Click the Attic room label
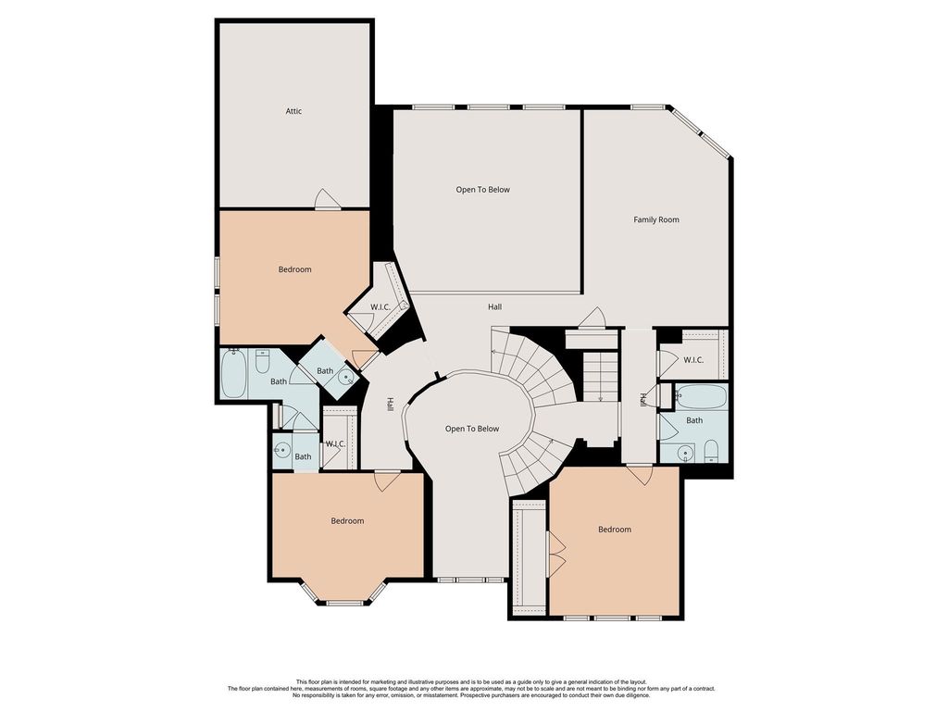(x=293, y=111)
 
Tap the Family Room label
(x=656, y=220)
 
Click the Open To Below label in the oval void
(x=472, y=430)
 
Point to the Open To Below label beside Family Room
(x=482, y=190)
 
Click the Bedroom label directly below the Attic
(x=294, y=269)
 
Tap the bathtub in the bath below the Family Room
(x=701, y=396)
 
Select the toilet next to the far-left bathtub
(x=262, y=362)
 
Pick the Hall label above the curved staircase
(x=494, y=307)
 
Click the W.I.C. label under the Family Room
(x=693, y=360)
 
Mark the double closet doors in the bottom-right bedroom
(x=555, y=554)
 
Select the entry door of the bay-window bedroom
(x=387, y=480)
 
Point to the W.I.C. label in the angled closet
(x=380, y=307)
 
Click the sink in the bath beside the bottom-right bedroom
(x=684, y=451)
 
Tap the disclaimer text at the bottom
(x=471, y=689)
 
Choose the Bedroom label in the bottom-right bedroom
(x=615, y=530)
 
